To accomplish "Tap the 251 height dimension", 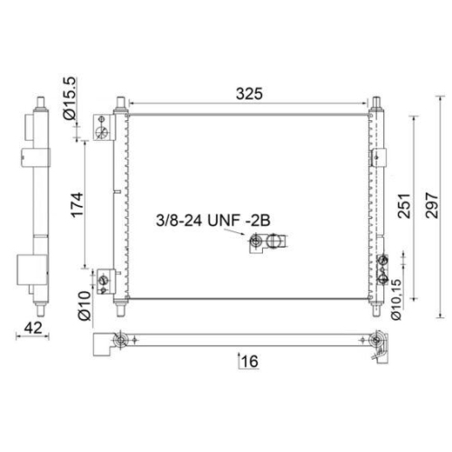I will click(403, 210).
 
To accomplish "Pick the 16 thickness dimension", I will click(250, 362).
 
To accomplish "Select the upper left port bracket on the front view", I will click(104, 132).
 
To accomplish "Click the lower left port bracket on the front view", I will click(105, 278).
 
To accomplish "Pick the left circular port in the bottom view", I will click(117, 341).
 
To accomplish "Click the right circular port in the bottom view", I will click(375, 341).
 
